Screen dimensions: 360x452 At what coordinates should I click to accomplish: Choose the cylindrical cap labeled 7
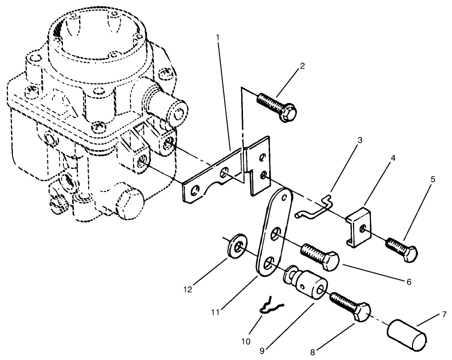tap(407, 332)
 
